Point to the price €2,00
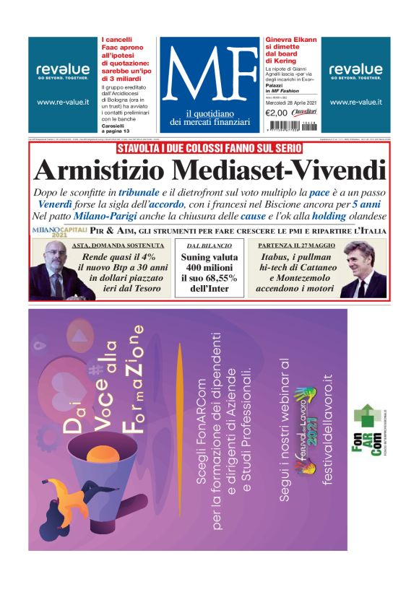point(277,113)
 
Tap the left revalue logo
point(62,69)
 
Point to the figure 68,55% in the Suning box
point(220,278)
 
